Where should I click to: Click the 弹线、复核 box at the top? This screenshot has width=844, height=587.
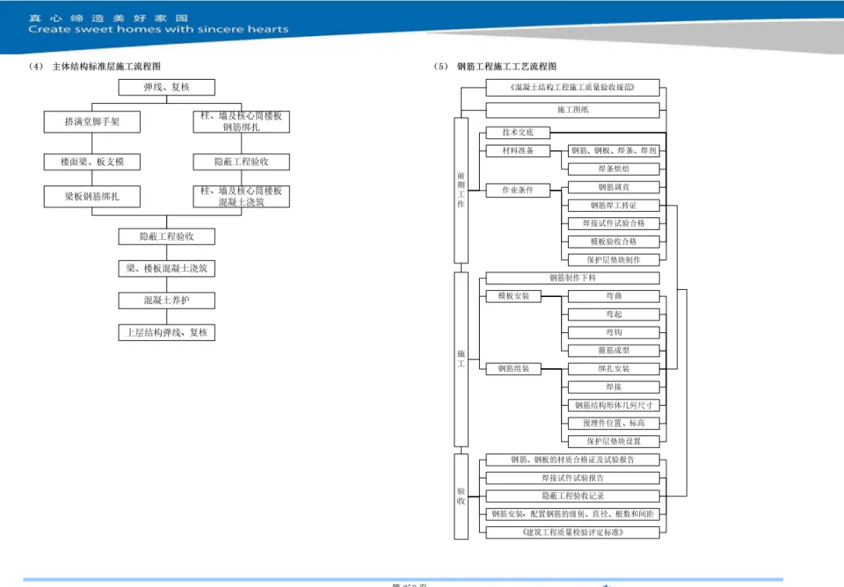166,88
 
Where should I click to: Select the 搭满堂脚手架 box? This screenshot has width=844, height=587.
92,122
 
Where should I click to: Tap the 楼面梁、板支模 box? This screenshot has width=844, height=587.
92,162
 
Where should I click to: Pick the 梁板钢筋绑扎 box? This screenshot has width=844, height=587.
92,196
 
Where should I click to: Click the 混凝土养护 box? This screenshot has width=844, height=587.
166,300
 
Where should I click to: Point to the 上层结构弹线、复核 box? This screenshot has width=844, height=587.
166,332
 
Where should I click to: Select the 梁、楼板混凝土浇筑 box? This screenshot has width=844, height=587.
166,268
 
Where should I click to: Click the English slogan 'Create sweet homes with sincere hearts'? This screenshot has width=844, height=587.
159,30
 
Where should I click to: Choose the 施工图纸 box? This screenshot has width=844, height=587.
573,110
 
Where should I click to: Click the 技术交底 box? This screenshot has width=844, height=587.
517,133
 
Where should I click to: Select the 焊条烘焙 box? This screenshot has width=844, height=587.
613,169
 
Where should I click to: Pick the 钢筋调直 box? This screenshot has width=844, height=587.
613,188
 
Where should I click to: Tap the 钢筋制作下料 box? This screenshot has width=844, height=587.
573,277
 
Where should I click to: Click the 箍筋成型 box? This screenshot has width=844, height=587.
613,351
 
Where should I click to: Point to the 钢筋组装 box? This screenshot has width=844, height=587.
513,369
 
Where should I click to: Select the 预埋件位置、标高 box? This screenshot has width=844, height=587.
613,423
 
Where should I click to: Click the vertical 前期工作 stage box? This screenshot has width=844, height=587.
461,190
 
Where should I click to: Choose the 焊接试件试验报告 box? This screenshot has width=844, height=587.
573,478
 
